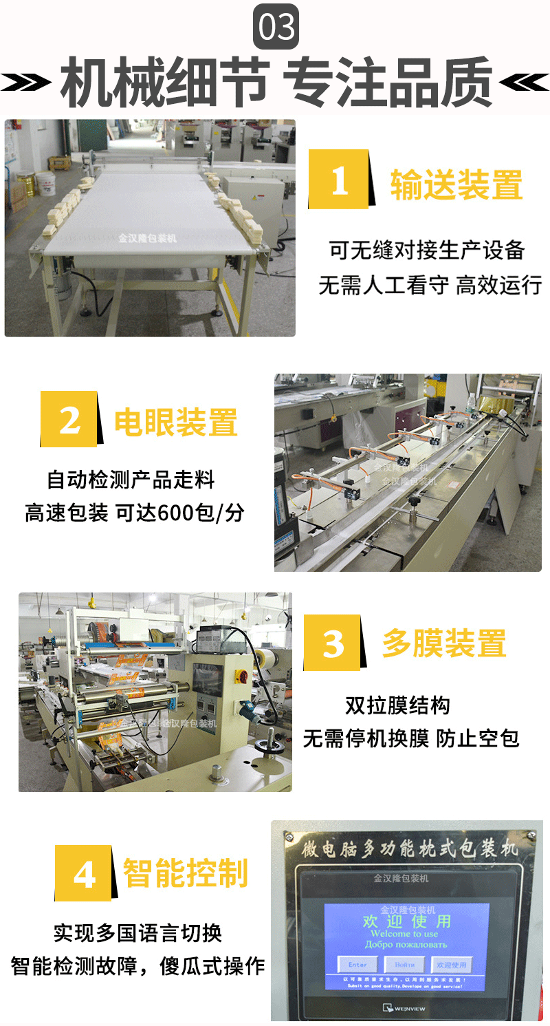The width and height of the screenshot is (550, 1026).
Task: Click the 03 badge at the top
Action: (275, 27)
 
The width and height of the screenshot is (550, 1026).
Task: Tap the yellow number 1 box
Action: (340, 180)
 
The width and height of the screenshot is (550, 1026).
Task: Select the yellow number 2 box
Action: (69, 419)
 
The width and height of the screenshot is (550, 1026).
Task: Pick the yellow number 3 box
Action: (333, 643)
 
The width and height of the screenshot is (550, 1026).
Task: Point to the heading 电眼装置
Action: (176, 422)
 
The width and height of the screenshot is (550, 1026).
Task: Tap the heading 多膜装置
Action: (445, 643)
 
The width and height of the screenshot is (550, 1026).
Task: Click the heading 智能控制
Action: (185, 873)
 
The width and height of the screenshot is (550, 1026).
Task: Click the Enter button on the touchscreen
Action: (357, 965)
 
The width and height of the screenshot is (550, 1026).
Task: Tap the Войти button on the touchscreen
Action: (404, 965)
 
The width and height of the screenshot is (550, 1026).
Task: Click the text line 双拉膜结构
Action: (397, 705)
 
